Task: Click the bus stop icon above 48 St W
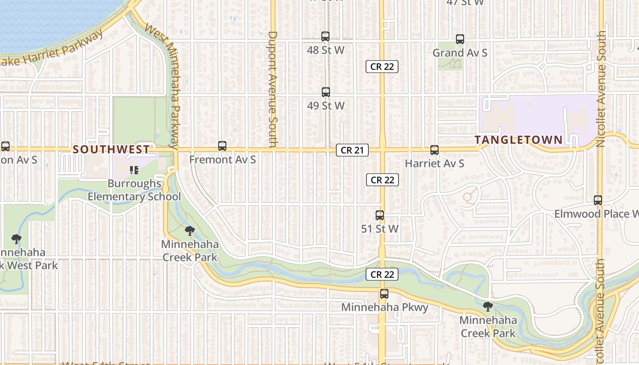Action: point(325,36)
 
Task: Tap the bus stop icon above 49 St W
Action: point(326,92)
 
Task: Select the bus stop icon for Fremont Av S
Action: point(222,146)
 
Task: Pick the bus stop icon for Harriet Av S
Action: point(435,150)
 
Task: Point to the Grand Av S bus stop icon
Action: point(460,39)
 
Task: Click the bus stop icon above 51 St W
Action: point(380,215)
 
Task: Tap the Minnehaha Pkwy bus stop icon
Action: point(384,294)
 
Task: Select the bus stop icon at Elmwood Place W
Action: point(598,200)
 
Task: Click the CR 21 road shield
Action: point(352,150)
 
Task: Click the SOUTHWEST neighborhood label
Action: point(111,149)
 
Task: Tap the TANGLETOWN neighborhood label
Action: point(519,140)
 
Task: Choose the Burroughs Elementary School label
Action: point(134,190)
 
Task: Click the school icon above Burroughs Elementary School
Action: point(134,170)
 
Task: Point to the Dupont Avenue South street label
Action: point(272,89)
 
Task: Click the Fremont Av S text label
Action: point(222,160)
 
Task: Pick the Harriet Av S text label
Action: point(435,163)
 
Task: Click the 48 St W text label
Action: point(325,50)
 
